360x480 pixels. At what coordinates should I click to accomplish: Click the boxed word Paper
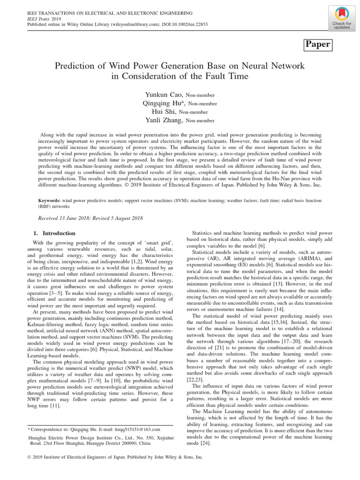coord(318,45)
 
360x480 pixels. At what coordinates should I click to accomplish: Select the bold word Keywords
coord(49,200)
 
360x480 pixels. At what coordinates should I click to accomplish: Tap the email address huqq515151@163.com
coord(139,429)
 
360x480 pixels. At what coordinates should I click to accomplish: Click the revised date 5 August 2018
coord(122,218)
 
